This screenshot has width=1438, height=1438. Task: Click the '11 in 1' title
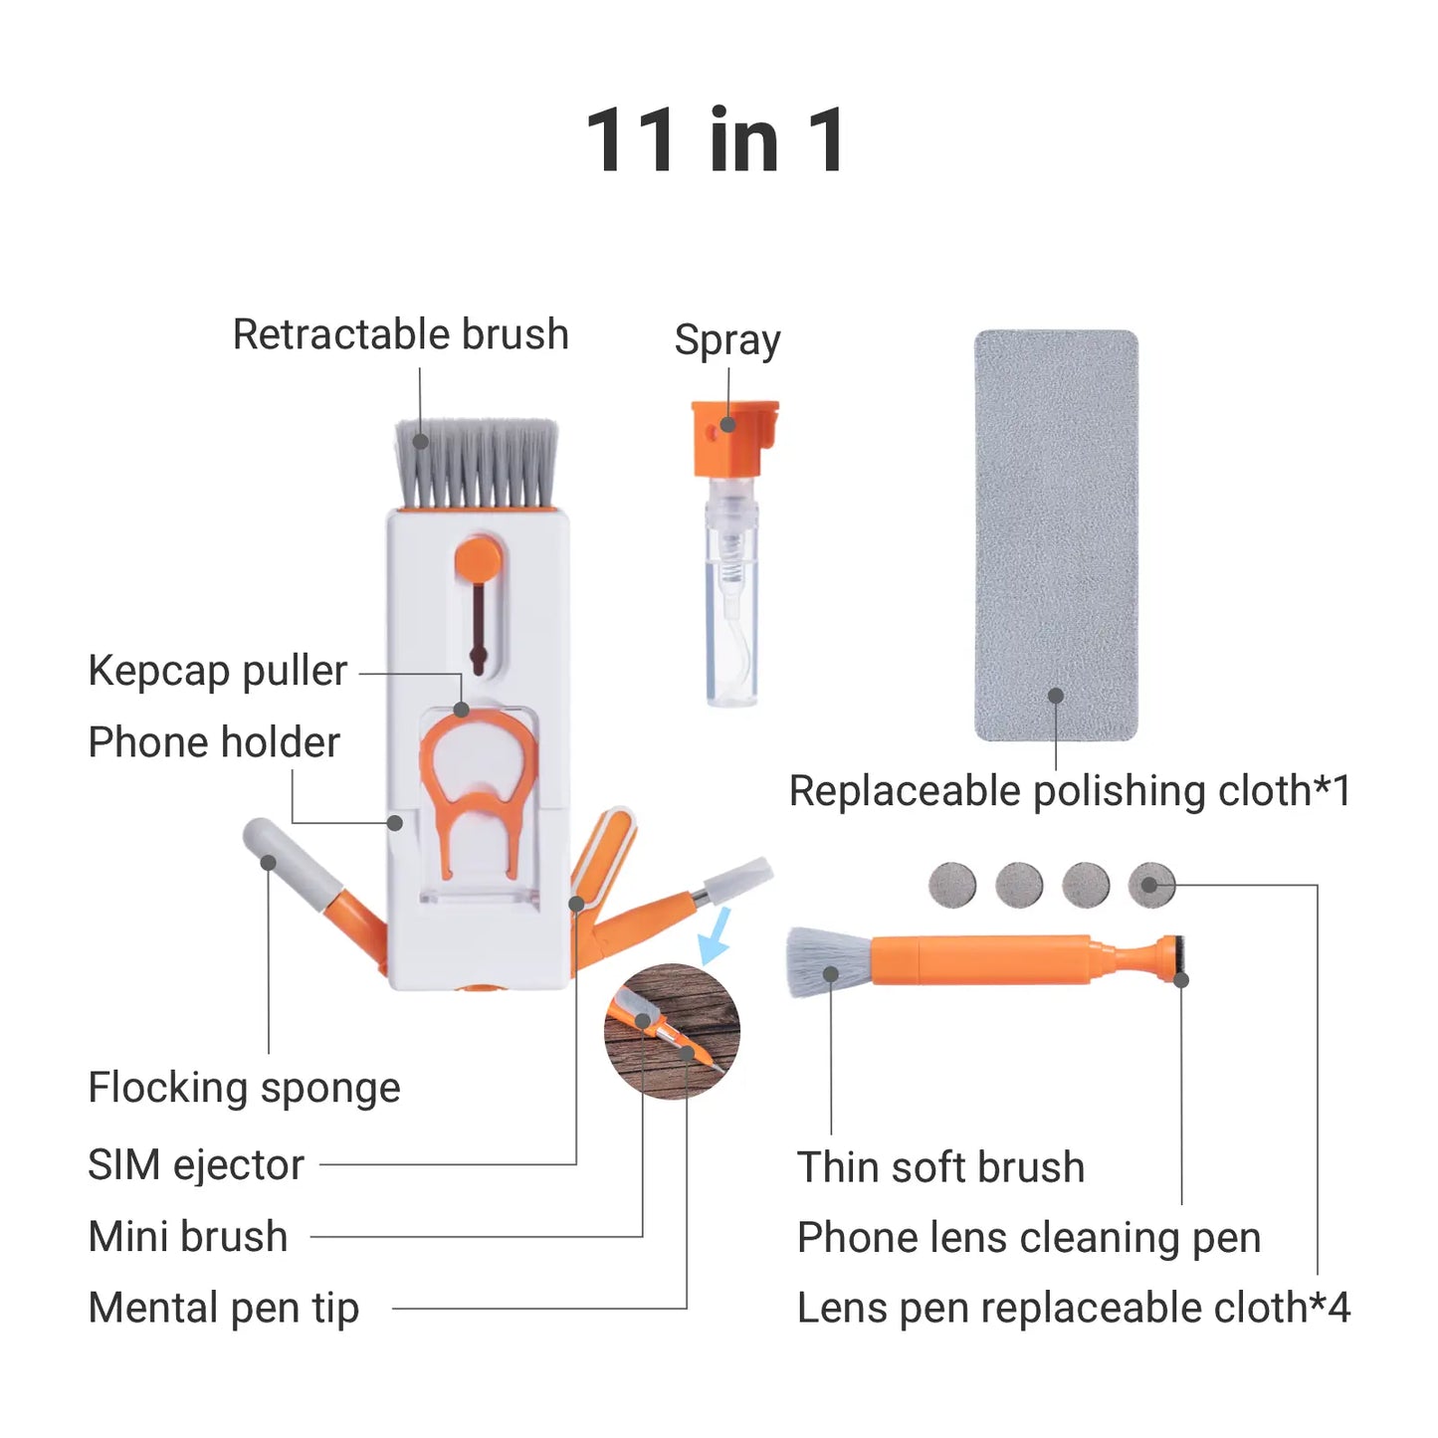(x=717, y=140)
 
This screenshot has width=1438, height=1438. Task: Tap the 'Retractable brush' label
(x=400, y=334)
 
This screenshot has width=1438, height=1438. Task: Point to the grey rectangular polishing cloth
(x=1056, y=534)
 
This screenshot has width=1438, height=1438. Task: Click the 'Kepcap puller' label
(x=217, y=671)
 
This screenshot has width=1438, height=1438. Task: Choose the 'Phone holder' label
(x=214, y=742)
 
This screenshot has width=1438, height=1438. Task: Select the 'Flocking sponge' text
(x=244, y=1088)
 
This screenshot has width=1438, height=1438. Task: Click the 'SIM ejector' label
(x=196, y=1164)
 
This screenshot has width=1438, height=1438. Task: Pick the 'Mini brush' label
(x=188, y=1237)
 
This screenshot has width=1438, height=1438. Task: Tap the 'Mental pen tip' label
(x=223, y=1309)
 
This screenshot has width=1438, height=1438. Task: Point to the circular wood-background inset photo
(x=672, y=1031)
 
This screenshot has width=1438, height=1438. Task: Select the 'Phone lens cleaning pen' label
(x=1029, y=1238)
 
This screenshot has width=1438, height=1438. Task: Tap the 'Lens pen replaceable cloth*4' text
(x=1074, y=1309)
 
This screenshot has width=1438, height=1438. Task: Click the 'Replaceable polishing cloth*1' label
(x=1070, y=792)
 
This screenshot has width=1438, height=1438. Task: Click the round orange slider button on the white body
(x=479, y=558)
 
